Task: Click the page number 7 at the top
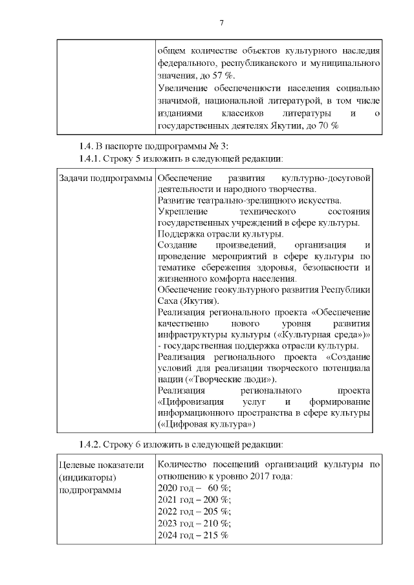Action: point(221,23)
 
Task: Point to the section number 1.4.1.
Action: point(91,158)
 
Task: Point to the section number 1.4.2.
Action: point(91,444)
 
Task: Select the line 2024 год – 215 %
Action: point(193,535)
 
